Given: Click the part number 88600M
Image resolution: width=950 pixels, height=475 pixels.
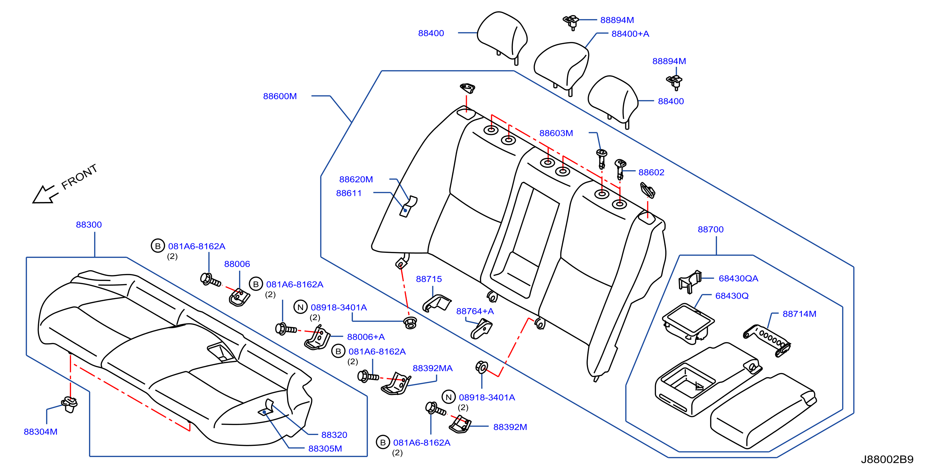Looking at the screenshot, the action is [x=280, y=96].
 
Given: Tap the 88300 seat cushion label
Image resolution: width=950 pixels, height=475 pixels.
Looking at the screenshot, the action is [x=89, y=225].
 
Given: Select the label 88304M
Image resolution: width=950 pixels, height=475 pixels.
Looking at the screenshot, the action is [x=41, y=432].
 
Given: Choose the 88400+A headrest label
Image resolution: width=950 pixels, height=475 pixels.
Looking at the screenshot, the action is [x=630, y=34].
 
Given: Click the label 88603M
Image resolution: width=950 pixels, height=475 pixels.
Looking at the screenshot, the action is [x=556, y=133].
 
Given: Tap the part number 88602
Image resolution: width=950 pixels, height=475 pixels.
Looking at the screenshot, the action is [x=651, y=172].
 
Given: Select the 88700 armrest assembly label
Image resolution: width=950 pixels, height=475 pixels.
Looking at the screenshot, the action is [x=711, y=229].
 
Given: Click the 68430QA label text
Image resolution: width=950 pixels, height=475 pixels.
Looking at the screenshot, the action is [x=738, y=278].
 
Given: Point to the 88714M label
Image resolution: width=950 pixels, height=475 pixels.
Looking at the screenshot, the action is [x=800, y=314].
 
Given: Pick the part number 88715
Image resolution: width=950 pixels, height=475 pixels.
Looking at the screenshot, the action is [x=429, y=279].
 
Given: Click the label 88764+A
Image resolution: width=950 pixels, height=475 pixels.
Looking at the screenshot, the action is [x=475, y=311].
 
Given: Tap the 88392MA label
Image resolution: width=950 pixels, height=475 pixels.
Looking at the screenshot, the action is [x=433, y=368].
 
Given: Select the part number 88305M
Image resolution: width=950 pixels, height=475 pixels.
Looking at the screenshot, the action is [x=325, y=449].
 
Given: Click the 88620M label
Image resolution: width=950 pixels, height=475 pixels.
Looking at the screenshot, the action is [x=356, y=179].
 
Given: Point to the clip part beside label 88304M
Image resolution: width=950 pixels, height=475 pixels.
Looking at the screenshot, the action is [x=69, y=404].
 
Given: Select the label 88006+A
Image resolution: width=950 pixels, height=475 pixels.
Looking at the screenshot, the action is [x=366, y=337].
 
